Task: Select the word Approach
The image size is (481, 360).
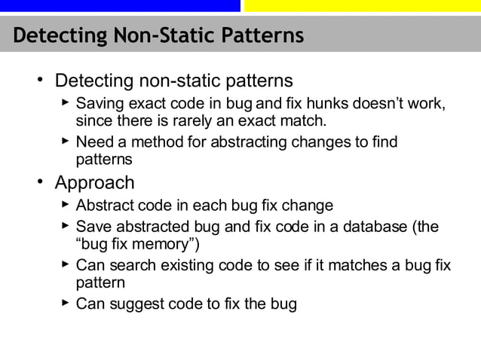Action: point(94,183)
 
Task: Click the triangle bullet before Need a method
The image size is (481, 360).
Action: point(65,141)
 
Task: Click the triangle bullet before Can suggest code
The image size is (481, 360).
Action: point(65,303)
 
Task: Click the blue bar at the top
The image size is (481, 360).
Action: point(120,6)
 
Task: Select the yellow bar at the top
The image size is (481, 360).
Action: point(362,6)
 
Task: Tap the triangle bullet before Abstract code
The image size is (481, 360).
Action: point(65,204)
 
